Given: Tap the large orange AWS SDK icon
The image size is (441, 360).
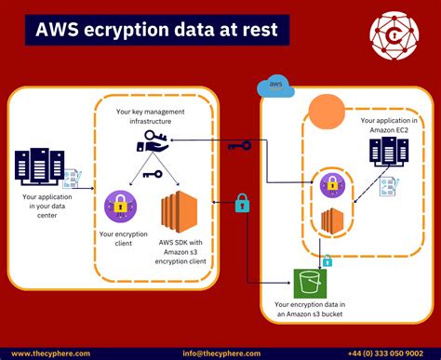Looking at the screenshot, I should tap(180, 215).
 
